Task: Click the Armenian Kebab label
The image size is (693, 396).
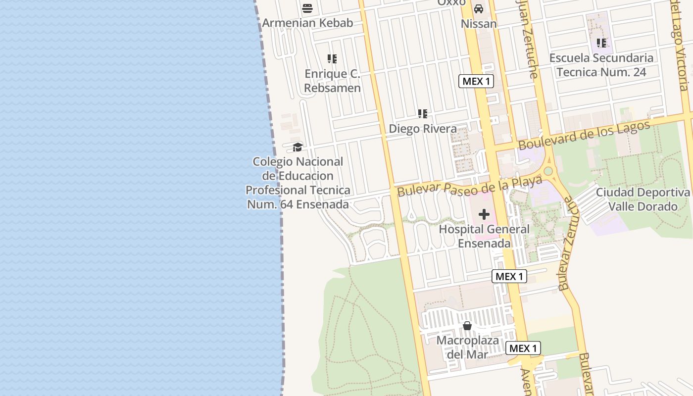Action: pyautogui.click(x=307, y=23)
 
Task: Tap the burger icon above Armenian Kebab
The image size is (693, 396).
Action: pyautogui.click(x=307, y=8)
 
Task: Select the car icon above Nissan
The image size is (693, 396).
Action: pyautogui.click(x=479, y=9)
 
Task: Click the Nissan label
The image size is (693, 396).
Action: pyautogui.click(x=479, y=24)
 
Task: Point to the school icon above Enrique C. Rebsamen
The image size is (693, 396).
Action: pyautogui.click(x=332, y=59)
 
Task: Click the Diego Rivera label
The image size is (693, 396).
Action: pyautogui.click(x=423, y=129)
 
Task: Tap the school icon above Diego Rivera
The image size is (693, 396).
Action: pyautogui.click(x=423, y=114)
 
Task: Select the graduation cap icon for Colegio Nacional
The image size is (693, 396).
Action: pyautogui.click(x=297, y=147)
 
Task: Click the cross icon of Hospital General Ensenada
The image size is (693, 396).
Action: pyautogui.click(x=484, y=214)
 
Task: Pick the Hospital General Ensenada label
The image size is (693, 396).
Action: pyautogui.click(x=484, y=236)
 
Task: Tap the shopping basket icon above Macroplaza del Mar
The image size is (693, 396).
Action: pyautogui.click(x=467, y=326)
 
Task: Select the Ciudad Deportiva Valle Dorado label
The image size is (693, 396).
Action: pyautogui.click(x=643, y=199)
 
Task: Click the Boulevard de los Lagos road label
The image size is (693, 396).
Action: pyautogui.click(x=584, y=135)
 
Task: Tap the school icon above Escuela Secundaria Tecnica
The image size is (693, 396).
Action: pyautogui.click(x=601, y=43)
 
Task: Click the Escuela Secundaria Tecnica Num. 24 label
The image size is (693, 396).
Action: pyautogui.click(x=601, y=65)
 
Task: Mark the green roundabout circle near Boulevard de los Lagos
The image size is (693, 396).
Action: pyautogui.click(x=548, y=171)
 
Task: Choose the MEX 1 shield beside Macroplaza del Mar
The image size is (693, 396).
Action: pyautogui.click(x=523, y=348)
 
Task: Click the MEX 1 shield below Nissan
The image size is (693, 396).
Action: pyautogui.click(x=476, y=81)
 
